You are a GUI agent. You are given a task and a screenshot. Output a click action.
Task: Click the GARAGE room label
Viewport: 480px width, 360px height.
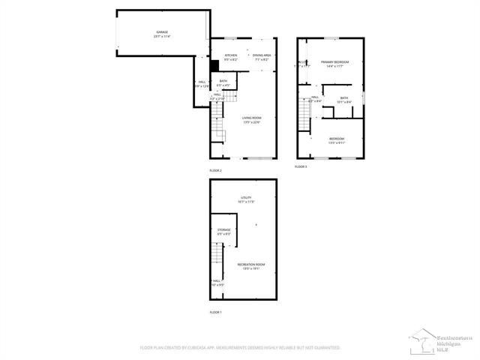pyautogui.click(x=161, y=31)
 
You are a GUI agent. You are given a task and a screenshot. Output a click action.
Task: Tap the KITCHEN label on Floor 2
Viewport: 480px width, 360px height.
pyautogui.click(x=231, y=55)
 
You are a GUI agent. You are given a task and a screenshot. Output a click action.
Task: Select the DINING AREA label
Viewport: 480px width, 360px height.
pyautogui.click(x=262, y=55)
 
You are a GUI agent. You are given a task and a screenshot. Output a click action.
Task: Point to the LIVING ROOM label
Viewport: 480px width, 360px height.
pyautogui.click(x=251, y=118)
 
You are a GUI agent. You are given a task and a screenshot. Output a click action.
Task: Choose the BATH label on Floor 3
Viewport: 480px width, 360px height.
pyautogui.click(x=343, y=97)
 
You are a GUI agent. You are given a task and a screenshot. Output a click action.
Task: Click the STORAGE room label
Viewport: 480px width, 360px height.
pyautogui.click(x=223, y=229)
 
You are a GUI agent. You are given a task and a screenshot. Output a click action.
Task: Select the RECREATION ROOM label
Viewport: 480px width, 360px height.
pyautogui.click(x=250, y=265)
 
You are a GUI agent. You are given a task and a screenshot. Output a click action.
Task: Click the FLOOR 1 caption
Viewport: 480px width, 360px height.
pyautogui.click(x=216, y=311)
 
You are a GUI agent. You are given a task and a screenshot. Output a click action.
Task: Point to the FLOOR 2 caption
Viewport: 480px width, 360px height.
pyautogui.click(x=216, y=171)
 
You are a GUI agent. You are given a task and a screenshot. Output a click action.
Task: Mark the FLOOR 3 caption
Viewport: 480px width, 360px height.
pyautogui.click(x=301, y=166)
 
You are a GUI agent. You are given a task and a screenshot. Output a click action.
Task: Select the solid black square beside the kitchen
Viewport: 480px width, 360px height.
pyautogui.click(x=214, y=65)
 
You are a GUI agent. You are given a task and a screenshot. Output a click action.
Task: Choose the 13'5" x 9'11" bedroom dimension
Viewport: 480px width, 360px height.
pyautogui.click(x=337, y=142)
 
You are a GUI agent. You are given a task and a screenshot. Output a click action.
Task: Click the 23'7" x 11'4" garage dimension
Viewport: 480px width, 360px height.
pyautogui.click(x=161, y=36)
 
